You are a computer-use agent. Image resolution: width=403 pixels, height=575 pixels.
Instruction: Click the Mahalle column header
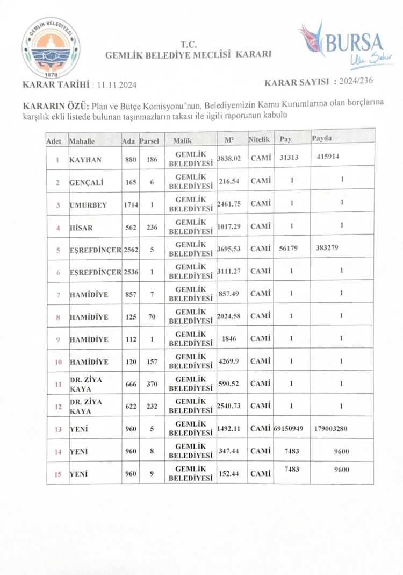click(x=82, y=141)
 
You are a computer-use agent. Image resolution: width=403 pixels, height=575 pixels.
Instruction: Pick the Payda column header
click(x=322, y=139)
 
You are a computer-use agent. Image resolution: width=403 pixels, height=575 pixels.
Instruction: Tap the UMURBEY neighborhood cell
click(x=88, y=204)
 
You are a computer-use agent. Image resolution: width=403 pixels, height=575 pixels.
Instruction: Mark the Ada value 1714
click(x=131, y=204)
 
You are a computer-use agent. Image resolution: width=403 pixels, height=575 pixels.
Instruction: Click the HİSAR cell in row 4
click(x=82, y=227)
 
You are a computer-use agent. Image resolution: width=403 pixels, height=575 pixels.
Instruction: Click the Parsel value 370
click(x=152, y=384)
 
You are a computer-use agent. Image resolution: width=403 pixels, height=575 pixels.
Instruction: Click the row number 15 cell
click(x=57, y=474)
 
